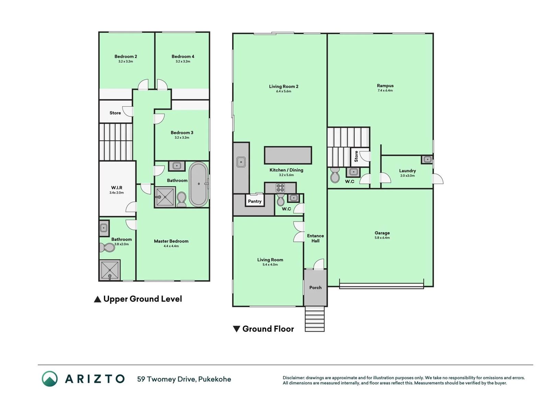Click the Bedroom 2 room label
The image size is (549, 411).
pyautogui.click(x=126, y=57)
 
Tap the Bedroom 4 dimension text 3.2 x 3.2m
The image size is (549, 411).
pyautogui.click(x=183, y=61)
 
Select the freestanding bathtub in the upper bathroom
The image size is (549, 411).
pyautogui.click(x=198, y=184)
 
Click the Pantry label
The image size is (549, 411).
pyautogui.click(x=255, y=201)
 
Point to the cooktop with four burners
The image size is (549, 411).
pyautogui.click(x=280, y=188)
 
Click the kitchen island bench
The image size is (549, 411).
pyautogui.click(x=288, y=155)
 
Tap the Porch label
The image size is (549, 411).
pyautogui.click(x=315, y=287)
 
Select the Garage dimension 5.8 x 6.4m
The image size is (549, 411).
pyautogui.click(x=382, y=238)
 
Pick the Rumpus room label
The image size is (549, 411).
pyautogui.click(x=385, y=86)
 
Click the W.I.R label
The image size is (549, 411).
pyautogui.click(x=117, y=188)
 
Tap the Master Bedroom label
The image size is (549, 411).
pyautogui.click(x=171, y=241)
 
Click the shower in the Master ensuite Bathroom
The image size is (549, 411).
pyautogui.click(x=110, y=270)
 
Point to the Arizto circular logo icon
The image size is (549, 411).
pyautogui.click(x=49, y=378)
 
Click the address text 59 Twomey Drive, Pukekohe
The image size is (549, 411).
pyautogui.click(x=184, y=379)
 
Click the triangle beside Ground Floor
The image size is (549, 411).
pyautogui.click(x=236, y=329)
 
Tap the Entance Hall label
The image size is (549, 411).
pyautogui.click(x=315, y=238)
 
